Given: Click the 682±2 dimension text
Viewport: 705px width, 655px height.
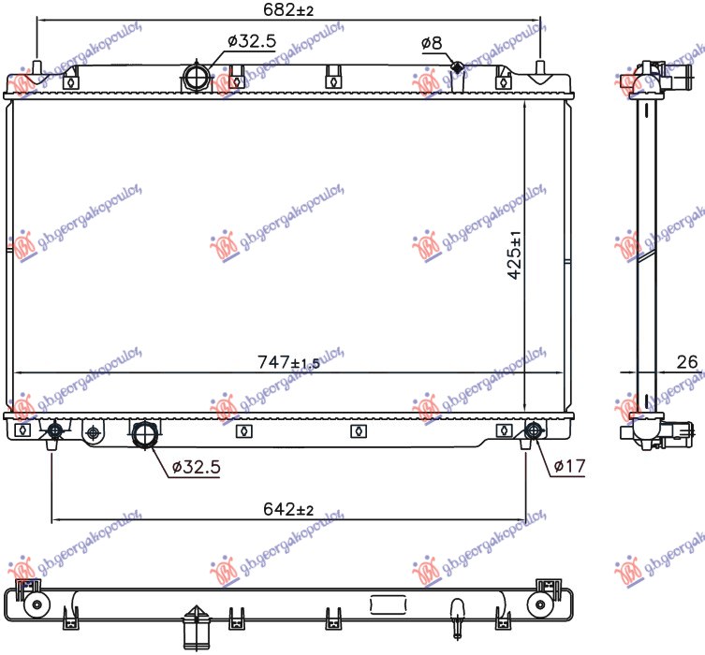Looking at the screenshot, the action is pyautogui.click(x=288, y=9).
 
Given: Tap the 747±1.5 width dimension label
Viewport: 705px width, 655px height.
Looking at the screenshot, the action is pyautogui.click(x=288, y=362).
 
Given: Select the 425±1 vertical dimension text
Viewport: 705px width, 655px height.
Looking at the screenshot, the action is pyautogui.click(x=515, y=255).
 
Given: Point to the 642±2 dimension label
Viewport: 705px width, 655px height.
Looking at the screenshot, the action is pyautogui.click(x=288, y=509).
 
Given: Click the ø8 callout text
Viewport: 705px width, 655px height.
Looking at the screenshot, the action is pyautogui.click(x=432, y=43).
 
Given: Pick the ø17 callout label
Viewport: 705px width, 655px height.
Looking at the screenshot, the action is pyautogui.click(x=569, y=466).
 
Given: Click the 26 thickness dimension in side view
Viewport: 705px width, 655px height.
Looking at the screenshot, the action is pyautogui.click(x=686, y=362).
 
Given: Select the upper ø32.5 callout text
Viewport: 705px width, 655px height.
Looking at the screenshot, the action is pyautogui.click(x=252, y=41).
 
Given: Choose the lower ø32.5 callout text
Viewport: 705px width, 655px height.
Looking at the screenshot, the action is pyautogui.click(x=197, y=467).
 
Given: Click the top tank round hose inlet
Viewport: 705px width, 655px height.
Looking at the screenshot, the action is pyautogui.click(x=197, y=78).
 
